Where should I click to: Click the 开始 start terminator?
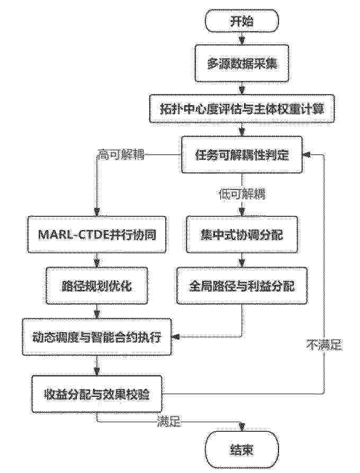pyautogui.click(x=241, y=21)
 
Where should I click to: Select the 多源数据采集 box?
pyautogui.click(x=241, y=63)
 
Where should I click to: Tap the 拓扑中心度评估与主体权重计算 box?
pyautogui.click(x=242, y=108)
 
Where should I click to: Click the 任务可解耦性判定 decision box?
pyautogui.click(x=241, y=154)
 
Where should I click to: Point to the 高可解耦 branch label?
pyautogui.click(x=121, y=155)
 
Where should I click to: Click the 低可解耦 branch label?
pyautogui.click(x=242, y=194)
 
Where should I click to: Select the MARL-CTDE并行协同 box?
pyautogui.click(x=97, y=234)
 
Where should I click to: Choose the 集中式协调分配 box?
pyautogui.click(x=241, y=234)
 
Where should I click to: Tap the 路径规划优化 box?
pyautogui.click(x=97, y=285)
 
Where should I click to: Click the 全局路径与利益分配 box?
pyautogui.click(x=242, y=285)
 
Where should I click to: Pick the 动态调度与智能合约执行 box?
pyautogui.click(x=96, y=336)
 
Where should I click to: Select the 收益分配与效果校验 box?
pyautogui.click(x=96, y=394)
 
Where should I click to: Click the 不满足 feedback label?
pyautogui.click(x=325, y=344)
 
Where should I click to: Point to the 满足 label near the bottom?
pyautogui.click(x=169, y=421)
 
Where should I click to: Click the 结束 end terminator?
pyautogui.click(x=241, y=450)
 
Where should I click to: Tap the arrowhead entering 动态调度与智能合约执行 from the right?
pyautogui.click(x=175, y=336)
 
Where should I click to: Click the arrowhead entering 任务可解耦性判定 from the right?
pyautogui.click(x=307, y=154)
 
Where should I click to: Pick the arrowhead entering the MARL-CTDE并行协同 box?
pyautogui.click(x=97, y=212)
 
